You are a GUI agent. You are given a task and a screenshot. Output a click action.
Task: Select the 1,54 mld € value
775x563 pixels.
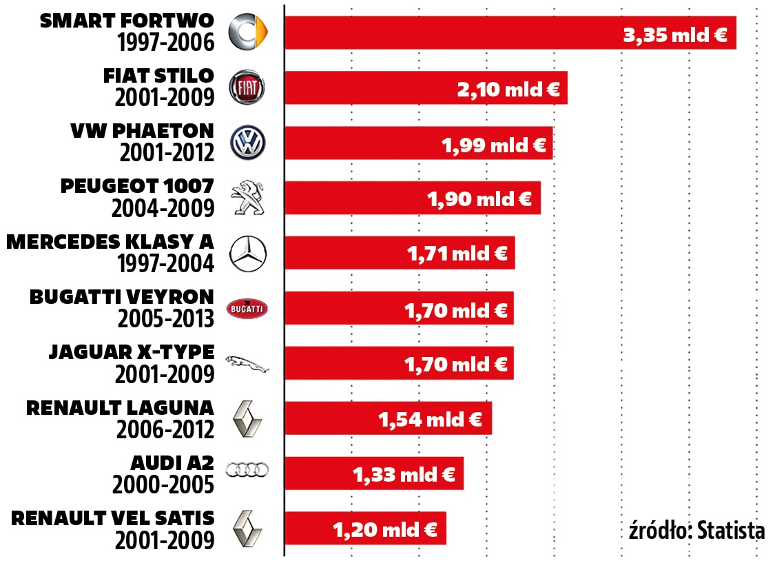430,419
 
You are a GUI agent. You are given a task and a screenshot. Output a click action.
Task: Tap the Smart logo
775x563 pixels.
247,32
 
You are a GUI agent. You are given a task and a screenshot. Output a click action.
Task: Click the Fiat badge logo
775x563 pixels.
247,88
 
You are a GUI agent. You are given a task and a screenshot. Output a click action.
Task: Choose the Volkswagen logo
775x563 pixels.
247,143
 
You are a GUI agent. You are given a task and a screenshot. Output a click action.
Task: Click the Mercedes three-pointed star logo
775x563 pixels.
247,253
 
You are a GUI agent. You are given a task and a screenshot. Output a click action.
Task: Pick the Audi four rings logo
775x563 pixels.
247,470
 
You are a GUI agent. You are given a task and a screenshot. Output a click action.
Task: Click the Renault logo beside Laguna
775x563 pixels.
247,418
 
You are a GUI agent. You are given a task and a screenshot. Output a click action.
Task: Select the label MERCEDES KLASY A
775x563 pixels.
110,241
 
